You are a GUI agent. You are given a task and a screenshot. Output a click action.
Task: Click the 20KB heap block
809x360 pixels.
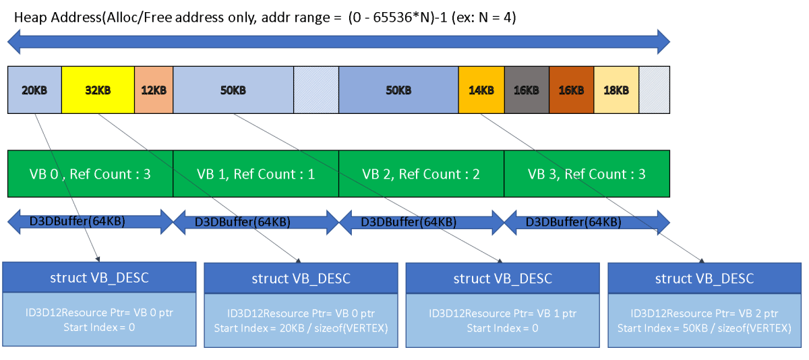[34, 90]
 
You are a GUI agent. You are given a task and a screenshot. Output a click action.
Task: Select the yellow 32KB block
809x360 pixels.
[98, 90]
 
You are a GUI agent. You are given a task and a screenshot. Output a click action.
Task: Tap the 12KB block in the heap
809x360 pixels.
[154, 90]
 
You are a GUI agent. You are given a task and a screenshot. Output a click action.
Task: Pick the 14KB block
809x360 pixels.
[481, 90]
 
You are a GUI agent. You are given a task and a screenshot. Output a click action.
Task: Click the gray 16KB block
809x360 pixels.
[527, 90]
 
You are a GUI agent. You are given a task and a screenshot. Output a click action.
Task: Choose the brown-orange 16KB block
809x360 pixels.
[571, 90]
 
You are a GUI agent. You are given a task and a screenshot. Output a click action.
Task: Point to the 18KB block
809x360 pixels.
[616, 90]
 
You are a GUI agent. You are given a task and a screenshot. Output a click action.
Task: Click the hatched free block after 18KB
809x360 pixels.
[654, 90]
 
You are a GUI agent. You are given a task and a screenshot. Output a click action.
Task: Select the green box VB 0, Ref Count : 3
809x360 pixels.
[90, 174]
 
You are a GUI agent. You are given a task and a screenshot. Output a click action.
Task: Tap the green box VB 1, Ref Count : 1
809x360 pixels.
[256, 174]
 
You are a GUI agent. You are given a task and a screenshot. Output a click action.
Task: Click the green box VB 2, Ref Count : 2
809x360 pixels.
[421, 174]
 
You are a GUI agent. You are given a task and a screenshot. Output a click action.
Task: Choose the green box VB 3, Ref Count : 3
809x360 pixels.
[587, 174]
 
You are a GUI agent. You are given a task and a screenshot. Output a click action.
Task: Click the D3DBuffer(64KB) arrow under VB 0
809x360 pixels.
[90, 221]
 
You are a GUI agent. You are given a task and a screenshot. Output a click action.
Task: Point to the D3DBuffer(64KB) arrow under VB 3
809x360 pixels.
[587, 221]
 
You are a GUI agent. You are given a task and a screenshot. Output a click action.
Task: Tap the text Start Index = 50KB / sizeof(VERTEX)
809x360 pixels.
[705, 328]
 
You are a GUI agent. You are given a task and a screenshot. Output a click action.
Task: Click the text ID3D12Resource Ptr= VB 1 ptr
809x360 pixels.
[502, 313]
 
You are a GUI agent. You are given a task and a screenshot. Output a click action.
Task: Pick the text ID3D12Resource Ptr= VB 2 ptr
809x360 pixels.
[705, 313]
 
